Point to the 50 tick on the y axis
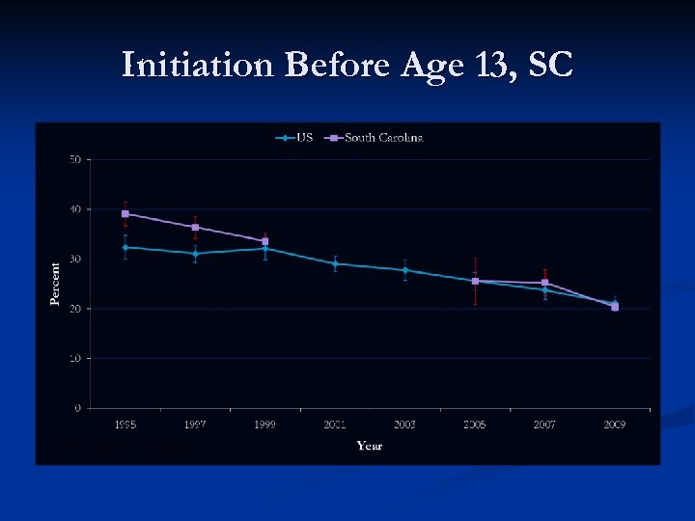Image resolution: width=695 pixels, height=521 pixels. pos(74,158)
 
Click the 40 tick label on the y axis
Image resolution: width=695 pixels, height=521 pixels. pos(74,209)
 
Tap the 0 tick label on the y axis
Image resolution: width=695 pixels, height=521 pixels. pos(77,408)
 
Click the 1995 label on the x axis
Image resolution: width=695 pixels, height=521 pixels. pos(125,425)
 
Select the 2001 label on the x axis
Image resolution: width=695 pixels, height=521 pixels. pos(335,425)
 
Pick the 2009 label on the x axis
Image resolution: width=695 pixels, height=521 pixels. pos(614,425)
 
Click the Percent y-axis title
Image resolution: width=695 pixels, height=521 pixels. pos(55,284)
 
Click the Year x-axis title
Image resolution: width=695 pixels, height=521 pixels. pos(369,446)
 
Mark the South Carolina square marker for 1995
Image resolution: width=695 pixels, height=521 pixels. pos(125,214)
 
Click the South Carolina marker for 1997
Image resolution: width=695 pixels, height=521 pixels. pos(195,228)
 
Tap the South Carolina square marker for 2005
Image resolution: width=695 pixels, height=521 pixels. pos(475,281)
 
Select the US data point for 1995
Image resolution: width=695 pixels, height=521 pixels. pos(125,247)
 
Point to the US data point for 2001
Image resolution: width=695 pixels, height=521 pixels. pos(335,263)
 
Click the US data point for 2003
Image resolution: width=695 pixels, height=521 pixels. pos(404,270)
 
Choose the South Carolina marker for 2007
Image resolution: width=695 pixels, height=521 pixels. pos(544,283)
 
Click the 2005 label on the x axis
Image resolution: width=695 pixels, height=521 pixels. pos(475,425)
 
